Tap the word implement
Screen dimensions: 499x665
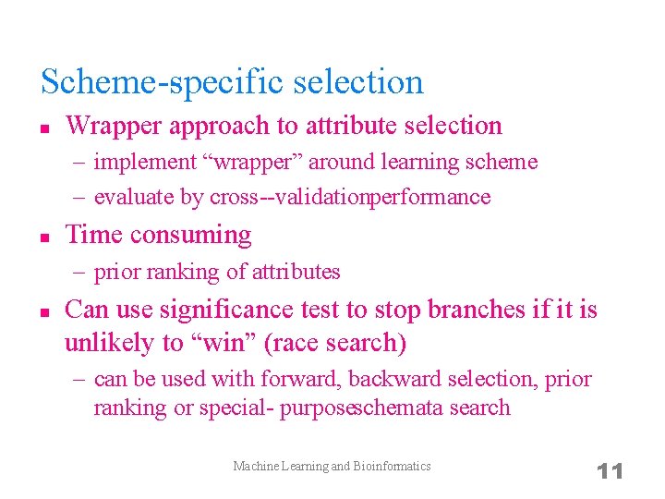(145, 163)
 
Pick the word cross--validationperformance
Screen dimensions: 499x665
(350, 197)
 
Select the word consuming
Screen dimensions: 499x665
(190, 235)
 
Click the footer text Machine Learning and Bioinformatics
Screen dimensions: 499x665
(332, 466)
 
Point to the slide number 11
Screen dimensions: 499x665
(611, 470)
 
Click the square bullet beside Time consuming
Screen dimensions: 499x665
(43, 237)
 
